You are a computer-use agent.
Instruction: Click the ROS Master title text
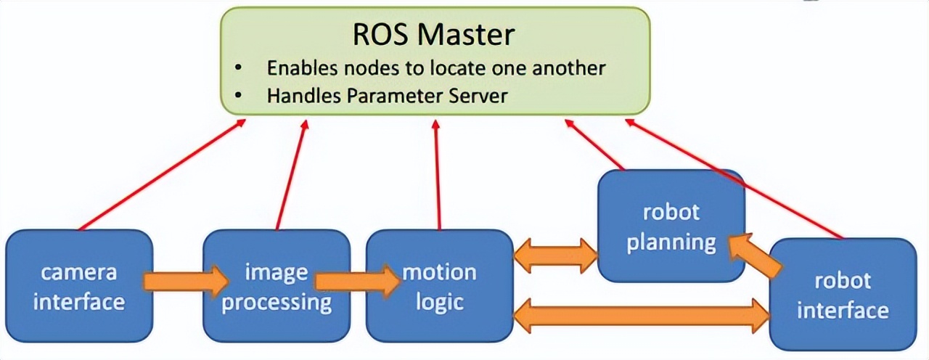tap(434, 34)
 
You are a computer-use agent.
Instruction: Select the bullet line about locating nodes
tap(435, 67)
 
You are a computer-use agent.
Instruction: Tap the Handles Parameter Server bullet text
tap(387, 95)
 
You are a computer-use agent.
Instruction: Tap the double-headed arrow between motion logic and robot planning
tap(555, 255)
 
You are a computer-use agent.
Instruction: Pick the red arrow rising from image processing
tap(290, 175)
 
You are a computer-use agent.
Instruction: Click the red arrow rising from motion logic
tap(437, 175)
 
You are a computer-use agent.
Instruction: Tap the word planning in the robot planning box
tap(671, 242)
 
